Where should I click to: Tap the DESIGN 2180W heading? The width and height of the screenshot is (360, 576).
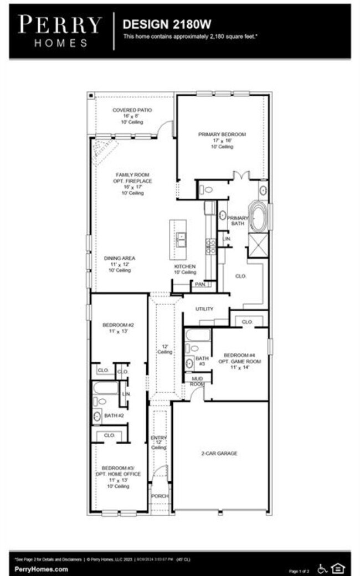pyautogui.click(x=159, y=24)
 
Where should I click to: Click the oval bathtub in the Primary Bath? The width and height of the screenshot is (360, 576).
pyautogui.click(x=258, y=217)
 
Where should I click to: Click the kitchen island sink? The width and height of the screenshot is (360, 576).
pyautogui.click(x=181, y=239)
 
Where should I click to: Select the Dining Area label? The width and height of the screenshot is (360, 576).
pyautogui.click(x=120, y=264)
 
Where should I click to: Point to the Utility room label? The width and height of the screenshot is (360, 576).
pyautogui.click(x=204, y=308)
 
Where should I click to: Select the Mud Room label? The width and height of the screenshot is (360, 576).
pyautogui.click(x=197, y=380)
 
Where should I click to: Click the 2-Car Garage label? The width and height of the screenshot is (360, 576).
pyautogui.click(x=219, y=454)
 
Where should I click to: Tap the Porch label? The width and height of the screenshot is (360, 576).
pyautogui.click(x=160, y=496)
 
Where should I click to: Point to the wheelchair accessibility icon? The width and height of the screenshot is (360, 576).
pyautogui.click(x=323, y=568)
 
